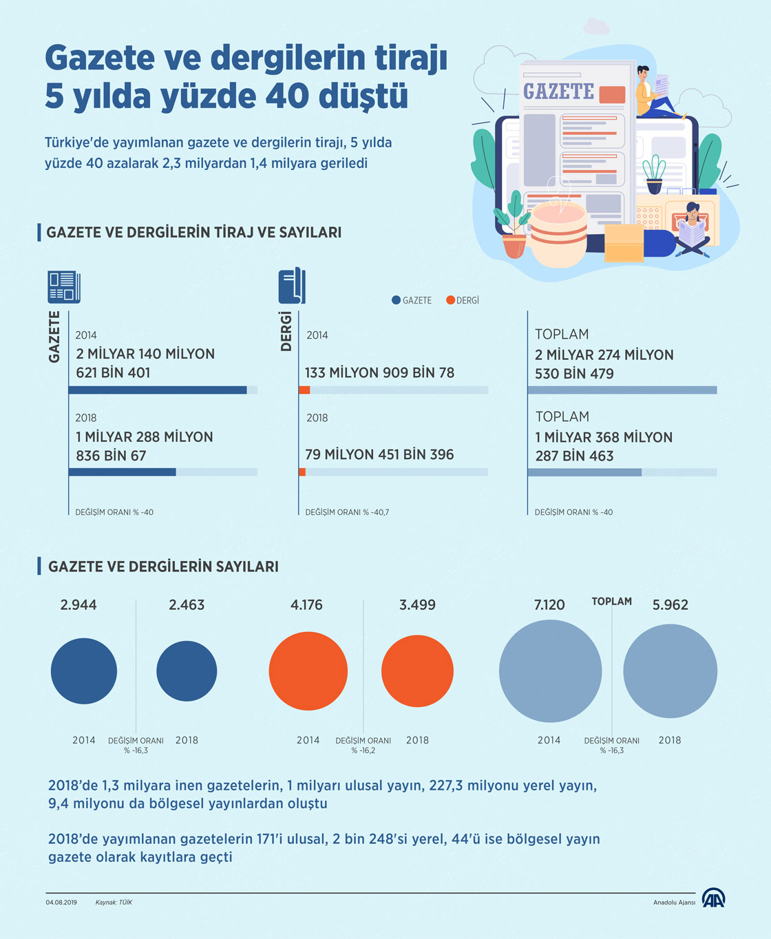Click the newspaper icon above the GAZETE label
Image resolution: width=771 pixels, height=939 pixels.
[x=64, y=286]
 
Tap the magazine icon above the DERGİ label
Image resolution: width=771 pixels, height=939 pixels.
[x=292, y=286]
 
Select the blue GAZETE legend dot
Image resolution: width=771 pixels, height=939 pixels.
[x=396, y=300]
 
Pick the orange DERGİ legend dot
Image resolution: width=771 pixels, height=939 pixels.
[x=450, y=300]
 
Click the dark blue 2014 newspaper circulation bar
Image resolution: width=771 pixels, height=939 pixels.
[x=158, y=390]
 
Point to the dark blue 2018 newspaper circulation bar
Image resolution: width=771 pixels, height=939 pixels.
[x=123, y=472]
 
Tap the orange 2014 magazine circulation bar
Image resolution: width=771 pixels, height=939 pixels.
[x=304, y=390]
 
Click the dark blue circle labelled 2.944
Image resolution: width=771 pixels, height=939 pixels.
[x=84, y=671]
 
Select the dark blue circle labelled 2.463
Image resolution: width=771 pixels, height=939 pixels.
[x=187, y=671]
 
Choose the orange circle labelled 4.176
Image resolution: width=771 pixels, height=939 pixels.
[x=308, y=671]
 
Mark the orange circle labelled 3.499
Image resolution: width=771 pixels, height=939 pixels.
[x=417, y=671]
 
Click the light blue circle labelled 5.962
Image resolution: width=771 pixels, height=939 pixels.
[x=670, y=671]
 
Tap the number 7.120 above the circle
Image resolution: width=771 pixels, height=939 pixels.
[x=549, y=605]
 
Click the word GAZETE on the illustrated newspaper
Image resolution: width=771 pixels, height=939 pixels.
[x=558, y=92]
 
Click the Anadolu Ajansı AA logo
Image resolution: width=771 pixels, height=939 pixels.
[x=713, y=898]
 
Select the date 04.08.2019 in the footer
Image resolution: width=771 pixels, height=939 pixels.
[x=61, y=903]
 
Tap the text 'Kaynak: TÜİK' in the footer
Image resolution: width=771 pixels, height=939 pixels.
[x=114, y=903]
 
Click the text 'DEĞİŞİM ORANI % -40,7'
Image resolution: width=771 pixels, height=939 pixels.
[x=347, y=512]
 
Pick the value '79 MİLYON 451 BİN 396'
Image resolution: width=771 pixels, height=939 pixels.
[x=379, y=454]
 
